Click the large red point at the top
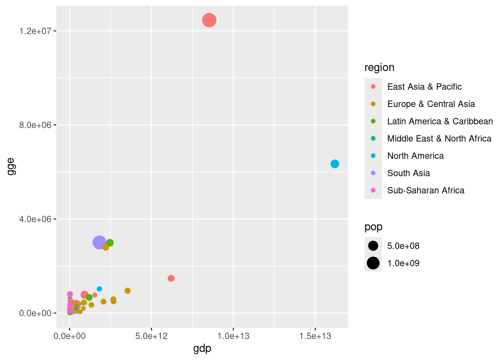(209, 20)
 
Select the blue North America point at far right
(334, 164)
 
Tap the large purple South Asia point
(99, 243)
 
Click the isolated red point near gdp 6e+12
(171, 278)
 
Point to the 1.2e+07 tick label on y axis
(35, 31)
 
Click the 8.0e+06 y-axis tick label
(35, 125)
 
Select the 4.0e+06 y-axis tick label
(35, 219)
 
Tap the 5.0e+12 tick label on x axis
(151, 336)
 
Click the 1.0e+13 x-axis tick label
(233, 336)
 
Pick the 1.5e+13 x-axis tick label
(315, 336)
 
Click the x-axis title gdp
(202, 349)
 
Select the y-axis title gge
(11, 166)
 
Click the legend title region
(379, 67)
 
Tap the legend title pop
(373, 227)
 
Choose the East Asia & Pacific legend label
(424, 87)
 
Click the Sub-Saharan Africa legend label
(426, 190)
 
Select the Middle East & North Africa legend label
(439, 139)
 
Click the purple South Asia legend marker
(373, 173)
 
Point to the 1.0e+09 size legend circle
(373, 263)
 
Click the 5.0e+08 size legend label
(403, 246)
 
